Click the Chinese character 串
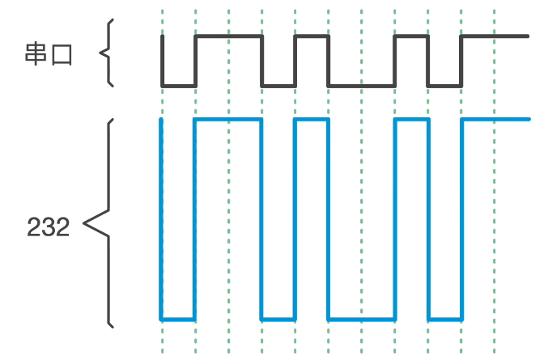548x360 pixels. click(36, 55)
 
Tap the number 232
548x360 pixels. click(49, 227)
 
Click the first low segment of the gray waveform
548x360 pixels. click(179, 85)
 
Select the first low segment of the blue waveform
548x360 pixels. click(179, 319)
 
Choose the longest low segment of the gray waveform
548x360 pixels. click(361, 85)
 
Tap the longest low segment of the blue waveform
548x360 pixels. click(361, 319)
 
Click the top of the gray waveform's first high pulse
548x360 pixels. click(229, 36)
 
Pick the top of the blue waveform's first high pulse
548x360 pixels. click(229, 120)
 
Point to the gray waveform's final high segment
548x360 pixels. click(495, 36)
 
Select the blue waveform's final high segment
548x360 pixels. click(495, 120)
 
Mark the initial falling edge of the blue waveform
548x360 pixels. click(162, 218)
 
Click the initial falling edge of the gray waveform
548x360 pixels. click(162, 61)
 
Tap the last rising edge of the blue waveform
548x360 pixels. click(461, 218)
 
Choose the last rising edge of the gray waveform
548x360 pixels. click(461, 61)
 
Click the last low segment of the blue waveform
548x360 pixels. click(444, 319)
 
